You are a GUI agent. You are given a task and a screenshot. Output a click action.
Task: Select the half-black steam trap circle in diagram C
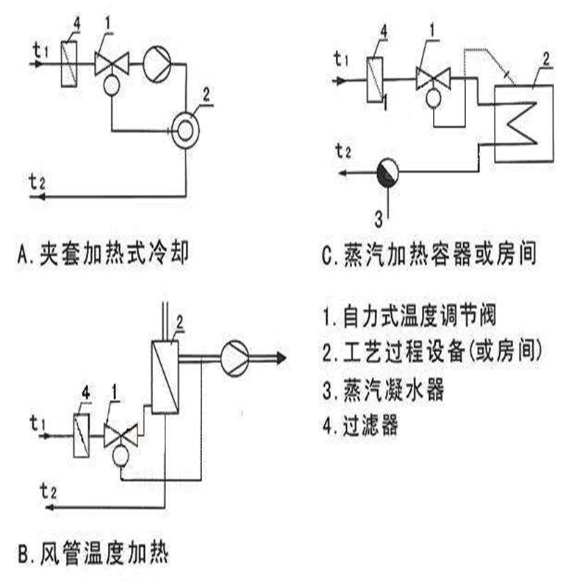coord(388,173)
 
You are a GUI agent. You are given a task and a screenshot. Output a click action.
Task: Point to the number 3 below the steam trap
coord(379,217)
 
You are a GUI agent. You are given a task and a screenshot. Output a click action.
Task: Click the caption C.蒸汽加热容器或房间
coord(431,254)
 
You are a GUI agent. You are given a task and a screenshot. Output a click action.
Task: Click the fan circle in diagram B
coord(235,356)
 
